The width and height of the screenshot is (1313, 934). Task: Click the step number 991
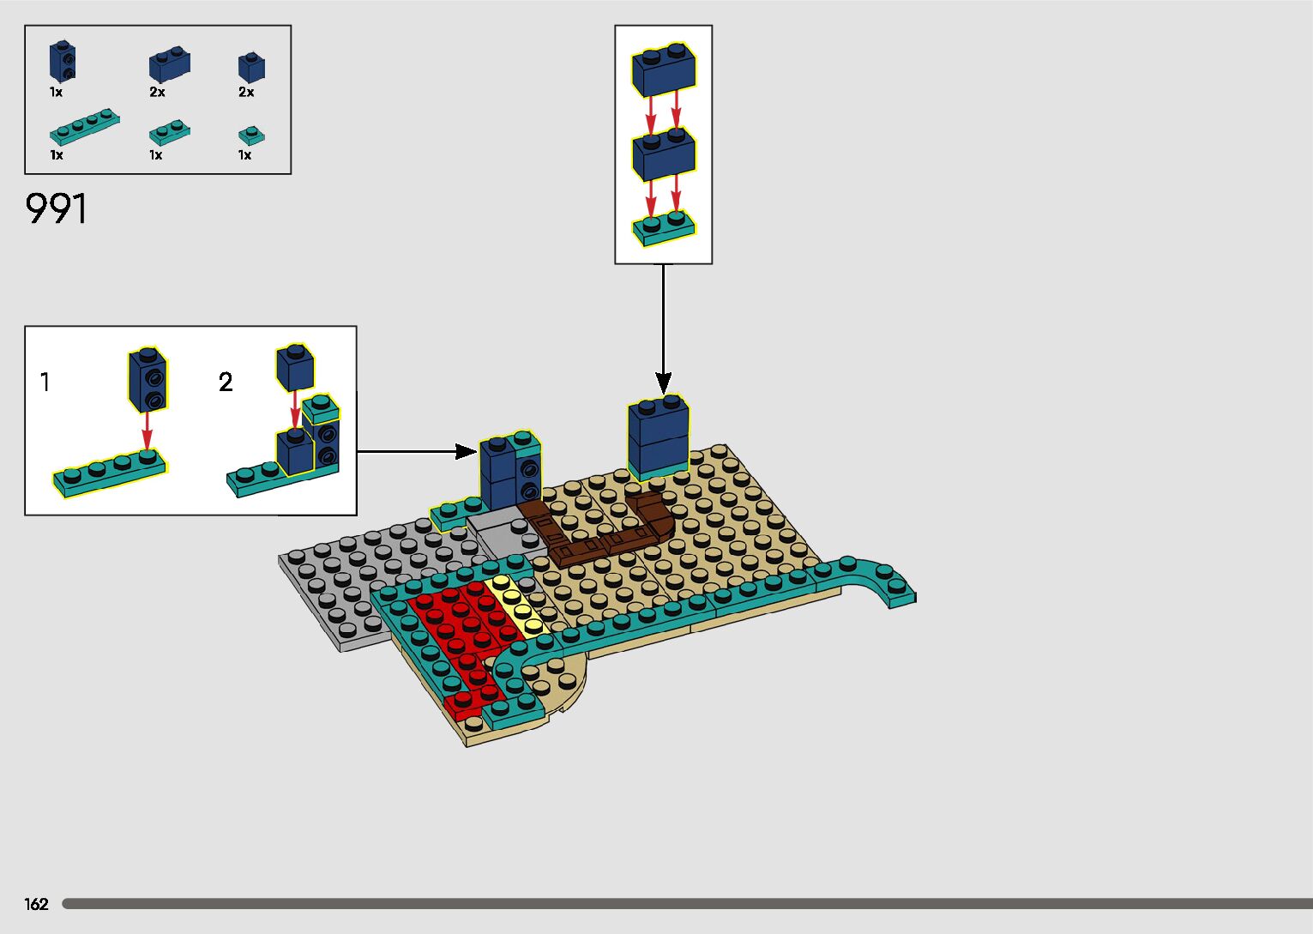[x=57, y=208]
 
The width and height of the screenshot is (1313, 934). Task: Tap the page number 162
[x=36, y=903]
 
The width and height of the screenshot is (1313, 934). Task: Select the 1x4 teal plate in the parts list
[x=84, y=126]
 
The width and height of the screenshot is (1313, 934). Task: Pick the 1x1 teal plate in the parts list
[x=251, y=136]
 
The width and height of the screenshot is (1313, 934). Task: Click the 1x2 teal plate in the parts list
[x=170, y=132]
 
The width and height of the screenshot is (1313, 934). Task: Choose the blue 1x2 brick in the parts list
[x=170, y=63]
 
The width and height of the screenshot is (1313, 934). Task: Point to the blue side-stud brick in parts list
[x=62, y=61]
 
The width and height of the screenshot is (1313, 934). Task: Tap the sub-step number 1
[x=45, y=382]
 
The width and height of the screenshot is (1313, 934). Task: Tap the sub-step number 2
[x=226, y=382]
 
